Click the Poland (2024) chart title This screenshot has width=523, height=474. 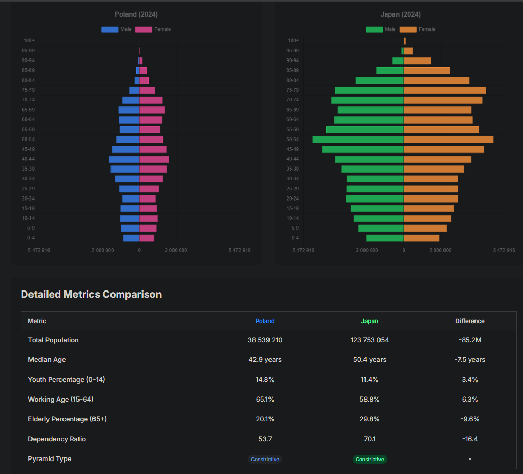(x=136, y=14)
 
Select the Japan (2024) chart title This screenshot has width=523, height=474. (x=400, y=14)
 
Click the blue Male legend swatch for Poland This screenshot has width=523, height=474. (x=109, y=29)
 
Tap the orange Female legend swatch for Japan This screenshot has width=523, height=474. (x=408, y=29)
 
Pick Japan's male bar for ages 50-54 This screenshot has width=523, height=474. (x=358, y=140)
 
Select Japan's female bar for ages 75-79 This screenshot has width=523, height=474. (x=445, y=90)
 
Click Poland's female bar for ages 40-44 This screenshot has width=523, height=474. (x=154, y=159)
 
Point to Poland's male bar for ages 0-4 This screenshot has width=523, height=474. (x=131, y=238)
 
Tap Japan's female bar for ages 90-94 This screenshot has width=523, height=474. (x=417, y=60)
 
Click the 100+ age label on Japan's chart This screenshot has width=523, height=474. (x=293, y=41)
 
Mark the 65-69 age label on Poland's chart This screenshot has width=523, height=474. (x=28, y=110)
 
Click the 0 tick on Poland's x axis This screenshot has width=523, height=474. (x=139, y=250)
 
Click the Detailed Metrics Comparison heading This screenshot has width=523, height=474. (x=91, y=295)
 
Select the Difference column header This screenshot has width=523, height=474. (x=470, y=321)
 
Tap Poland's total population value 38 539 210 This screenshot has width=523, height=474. (x=265, y=340)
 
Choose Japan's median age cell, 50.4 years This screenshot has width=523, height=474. (x=370, y=360)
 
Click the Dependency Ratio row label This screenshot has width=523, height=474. (x=57, y=439)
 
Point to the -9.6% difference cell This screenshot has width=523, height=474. (x=470, y=419)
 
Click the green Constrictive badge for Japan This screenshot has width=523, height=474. (x=370, y=459)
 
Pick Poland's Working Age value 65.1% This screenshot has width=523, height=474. (x=265, y=400)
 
